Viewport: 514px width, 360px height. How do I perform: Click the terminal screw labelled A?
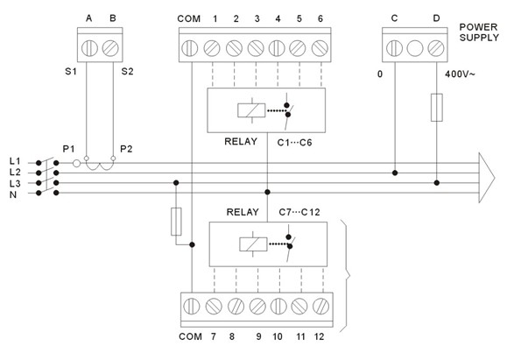point(89,48)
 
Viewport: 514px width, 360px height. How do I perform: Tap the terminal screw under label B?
point(110,48)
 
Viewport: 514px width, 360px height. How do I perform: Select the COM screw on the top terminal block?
point(189,48)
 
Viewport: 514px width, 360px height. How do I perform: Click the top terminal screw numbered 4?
point(277,48)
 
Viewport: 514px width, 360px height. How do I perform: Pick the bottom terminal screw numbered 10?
point(278,307)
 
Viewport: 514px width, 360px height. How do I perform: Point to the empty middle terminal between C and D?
point(415,48)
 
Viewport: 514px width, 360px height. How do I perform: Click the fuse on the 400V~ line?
point(436,108)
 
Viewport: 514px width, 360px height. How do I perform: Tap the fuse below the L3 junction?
point(176,222)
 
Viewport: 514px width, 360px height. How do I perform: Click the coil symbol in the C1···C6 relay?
point(251,110)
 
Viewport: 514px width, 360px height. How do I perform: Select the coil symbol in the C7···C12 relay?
point(253,244)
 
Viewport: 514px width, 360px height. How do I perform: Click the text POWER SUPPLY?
point(479,32)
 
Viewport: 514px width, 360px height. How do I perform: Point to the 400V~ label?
point(459,74)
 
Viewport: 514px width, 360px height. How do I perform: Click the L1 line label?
point(15,161)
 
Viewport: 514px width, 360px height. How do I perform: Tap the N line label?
point(13,194)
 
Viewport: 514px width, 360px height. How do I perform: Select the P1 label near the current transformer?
point(69,149)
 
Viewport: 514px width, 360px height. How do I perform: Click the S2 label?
point(127,71)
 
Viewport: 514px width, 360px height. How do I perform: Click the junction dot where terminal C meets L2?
point(395,173)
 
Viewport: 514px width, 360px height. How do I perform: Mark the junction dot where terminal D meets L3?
point(436,182)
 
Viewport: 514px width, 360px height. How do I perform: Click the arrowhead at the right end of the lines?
point(487,178)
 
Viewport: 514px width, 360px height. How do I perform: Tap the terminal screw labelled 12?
point(321,307)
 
